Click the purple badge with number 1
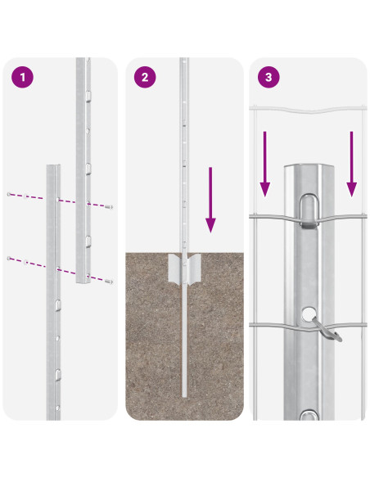(x=23, y=77)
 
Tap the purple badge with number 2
(x=145, y=77)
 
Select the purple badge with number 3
(x=268, y=77)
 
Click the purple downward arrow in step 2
(x=210, y=200)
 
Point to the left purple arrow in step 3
(x=265, y=164)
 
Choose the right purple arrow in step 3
(x=352, y=164)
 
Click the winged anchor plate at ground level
(x=185, y=268)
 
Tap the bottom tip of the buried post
(x=184, y=397)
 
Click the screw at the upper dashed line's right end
(x=109, y=207)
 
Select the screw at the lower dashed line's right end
(x=109, y=282)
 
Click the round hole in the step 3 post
(x=309, y=314)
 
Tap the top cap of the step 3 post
(x=309, y=166)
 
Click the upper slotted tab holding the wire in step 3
(x=309, y=210)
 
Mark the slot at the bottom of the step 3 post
(x=309, y=415)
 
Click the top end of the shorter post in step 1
(x=53, y=165)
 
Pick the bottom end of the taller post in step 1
(x=83, y=282)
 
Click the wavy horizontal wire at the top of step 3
(x=308, y=109)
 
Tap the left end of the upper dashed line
(x=9, y=194)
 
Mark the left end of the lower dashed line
(x=9, y=259)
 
